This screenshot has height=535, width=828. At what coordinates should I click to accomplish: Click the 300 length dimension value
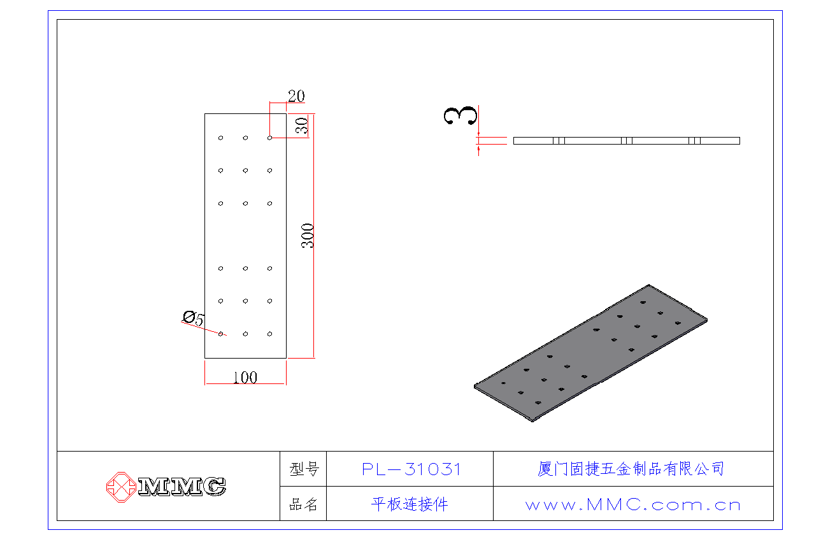307,236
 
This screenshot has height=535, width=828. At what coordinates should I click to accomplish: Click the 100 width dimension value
245,378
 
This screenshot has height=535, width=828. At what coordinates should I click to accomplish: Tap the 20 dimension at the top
296,96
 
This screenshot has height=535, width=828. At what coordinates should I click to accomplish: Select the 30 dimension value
302,125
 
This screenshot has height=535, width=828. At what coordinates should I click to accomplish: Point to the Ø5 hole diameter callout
193,318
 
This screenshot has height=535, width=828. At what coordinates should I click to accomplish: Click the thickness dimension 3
460,116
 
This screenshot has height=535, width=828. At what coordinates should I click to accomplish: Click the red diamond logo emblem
121,487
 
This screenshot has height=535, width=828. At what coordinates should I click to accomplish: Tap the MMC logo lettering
182,486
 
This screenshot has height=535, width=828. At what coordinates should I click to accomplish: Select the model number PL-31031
411,469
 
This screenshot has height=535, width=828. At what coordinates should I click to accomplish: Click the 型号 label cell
304,469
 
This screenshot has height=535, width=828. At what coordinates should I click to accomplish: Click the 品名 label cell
303,504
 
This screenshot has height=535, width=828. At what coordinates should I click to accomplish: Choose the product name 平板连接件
410,504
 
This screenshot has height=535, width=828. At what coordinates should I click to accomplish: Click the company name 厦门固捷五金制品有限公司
631,469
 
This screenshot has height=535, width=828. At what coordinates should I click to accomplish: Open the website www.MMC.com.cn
633,505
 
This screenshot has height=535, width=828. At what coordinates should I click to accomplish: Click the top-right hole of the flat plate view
270,138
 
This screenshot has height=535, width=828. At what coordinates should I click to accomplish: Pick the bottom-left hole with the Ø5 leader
220,334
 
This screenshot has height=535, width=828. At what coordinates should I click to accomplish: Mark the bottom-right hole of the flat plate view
270,334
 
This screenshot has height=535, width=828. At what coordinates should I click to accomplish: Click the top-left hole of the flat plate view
220,138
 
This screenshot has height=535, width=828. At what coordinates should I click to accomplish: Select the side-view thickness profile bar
627,141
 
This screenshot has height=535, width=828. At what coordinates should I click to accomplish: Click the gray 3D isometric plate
590,353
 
